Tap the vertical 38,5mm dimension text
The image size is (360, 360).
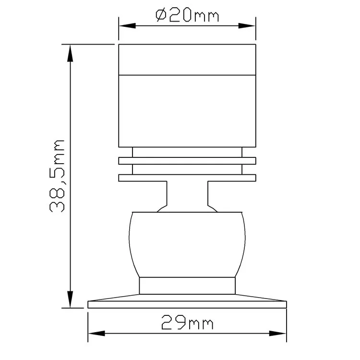[57, 176]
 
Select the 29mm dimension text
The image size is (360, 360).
[187, 322]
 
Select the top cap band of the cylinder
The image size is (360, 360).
[187, 60]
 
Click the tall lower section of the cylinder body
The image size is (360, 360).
[187, 110]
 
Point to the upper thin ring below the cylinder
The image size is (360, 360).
[187, 161]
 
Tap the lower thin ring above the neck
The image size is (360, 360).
[187, 178]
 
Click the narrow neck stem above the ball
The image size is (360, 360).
[187, 194]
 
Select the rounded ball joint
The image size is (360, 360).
[187, 244]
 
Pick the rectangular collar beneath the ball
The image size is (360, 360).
[187, 286]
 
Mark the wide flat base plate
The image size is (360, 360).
[187, 304]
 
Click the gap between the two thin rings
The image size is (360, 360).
[187, 169]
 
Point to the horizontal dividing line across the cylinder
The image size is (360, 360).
[187, 75]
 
